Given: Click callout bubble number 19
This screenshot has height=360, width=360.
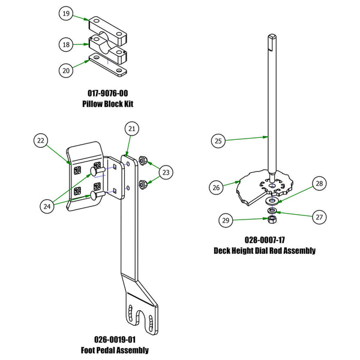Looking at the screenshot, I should tap(66, 13).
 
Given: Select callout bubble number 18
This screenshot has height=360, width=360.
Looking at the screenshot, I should tap(66, 44).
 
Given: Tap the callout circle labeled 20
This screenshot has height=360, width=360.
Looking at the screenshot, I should tap(66, 70).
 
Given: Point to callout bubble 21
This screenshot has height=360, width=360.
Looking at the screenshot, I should tap(131, 128).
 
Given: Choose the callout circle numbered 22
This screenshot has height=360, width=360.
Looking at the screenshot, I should tap(40, 140).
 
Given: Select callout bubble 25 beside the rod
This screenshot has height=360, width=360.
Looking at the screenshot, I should tap(218, 141).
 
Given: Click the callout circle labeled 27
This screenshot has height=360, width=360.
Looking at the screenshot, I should tap(319, 217).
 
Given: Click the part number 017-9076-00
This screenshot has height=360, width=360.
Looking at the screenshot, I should tap(107, 94).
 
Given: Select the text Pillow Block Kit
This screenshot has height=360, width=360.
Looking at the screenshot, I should tap(107, 104).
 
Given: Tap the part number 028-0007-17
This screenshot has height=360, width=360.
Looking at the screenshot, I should tap(265, 240).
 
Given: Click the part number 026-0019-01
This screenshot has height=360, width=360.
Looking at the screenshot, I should tap(115, 340).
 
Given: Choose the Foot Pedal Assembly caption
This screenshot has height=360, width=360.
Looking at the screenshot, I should tap(115, 350).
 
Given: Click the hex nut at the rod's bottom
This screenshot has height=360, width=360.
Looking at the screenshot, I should tap(271, 222).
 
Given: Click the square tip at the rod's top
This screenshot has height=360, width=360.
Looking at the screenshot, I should tap(272, 40).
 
